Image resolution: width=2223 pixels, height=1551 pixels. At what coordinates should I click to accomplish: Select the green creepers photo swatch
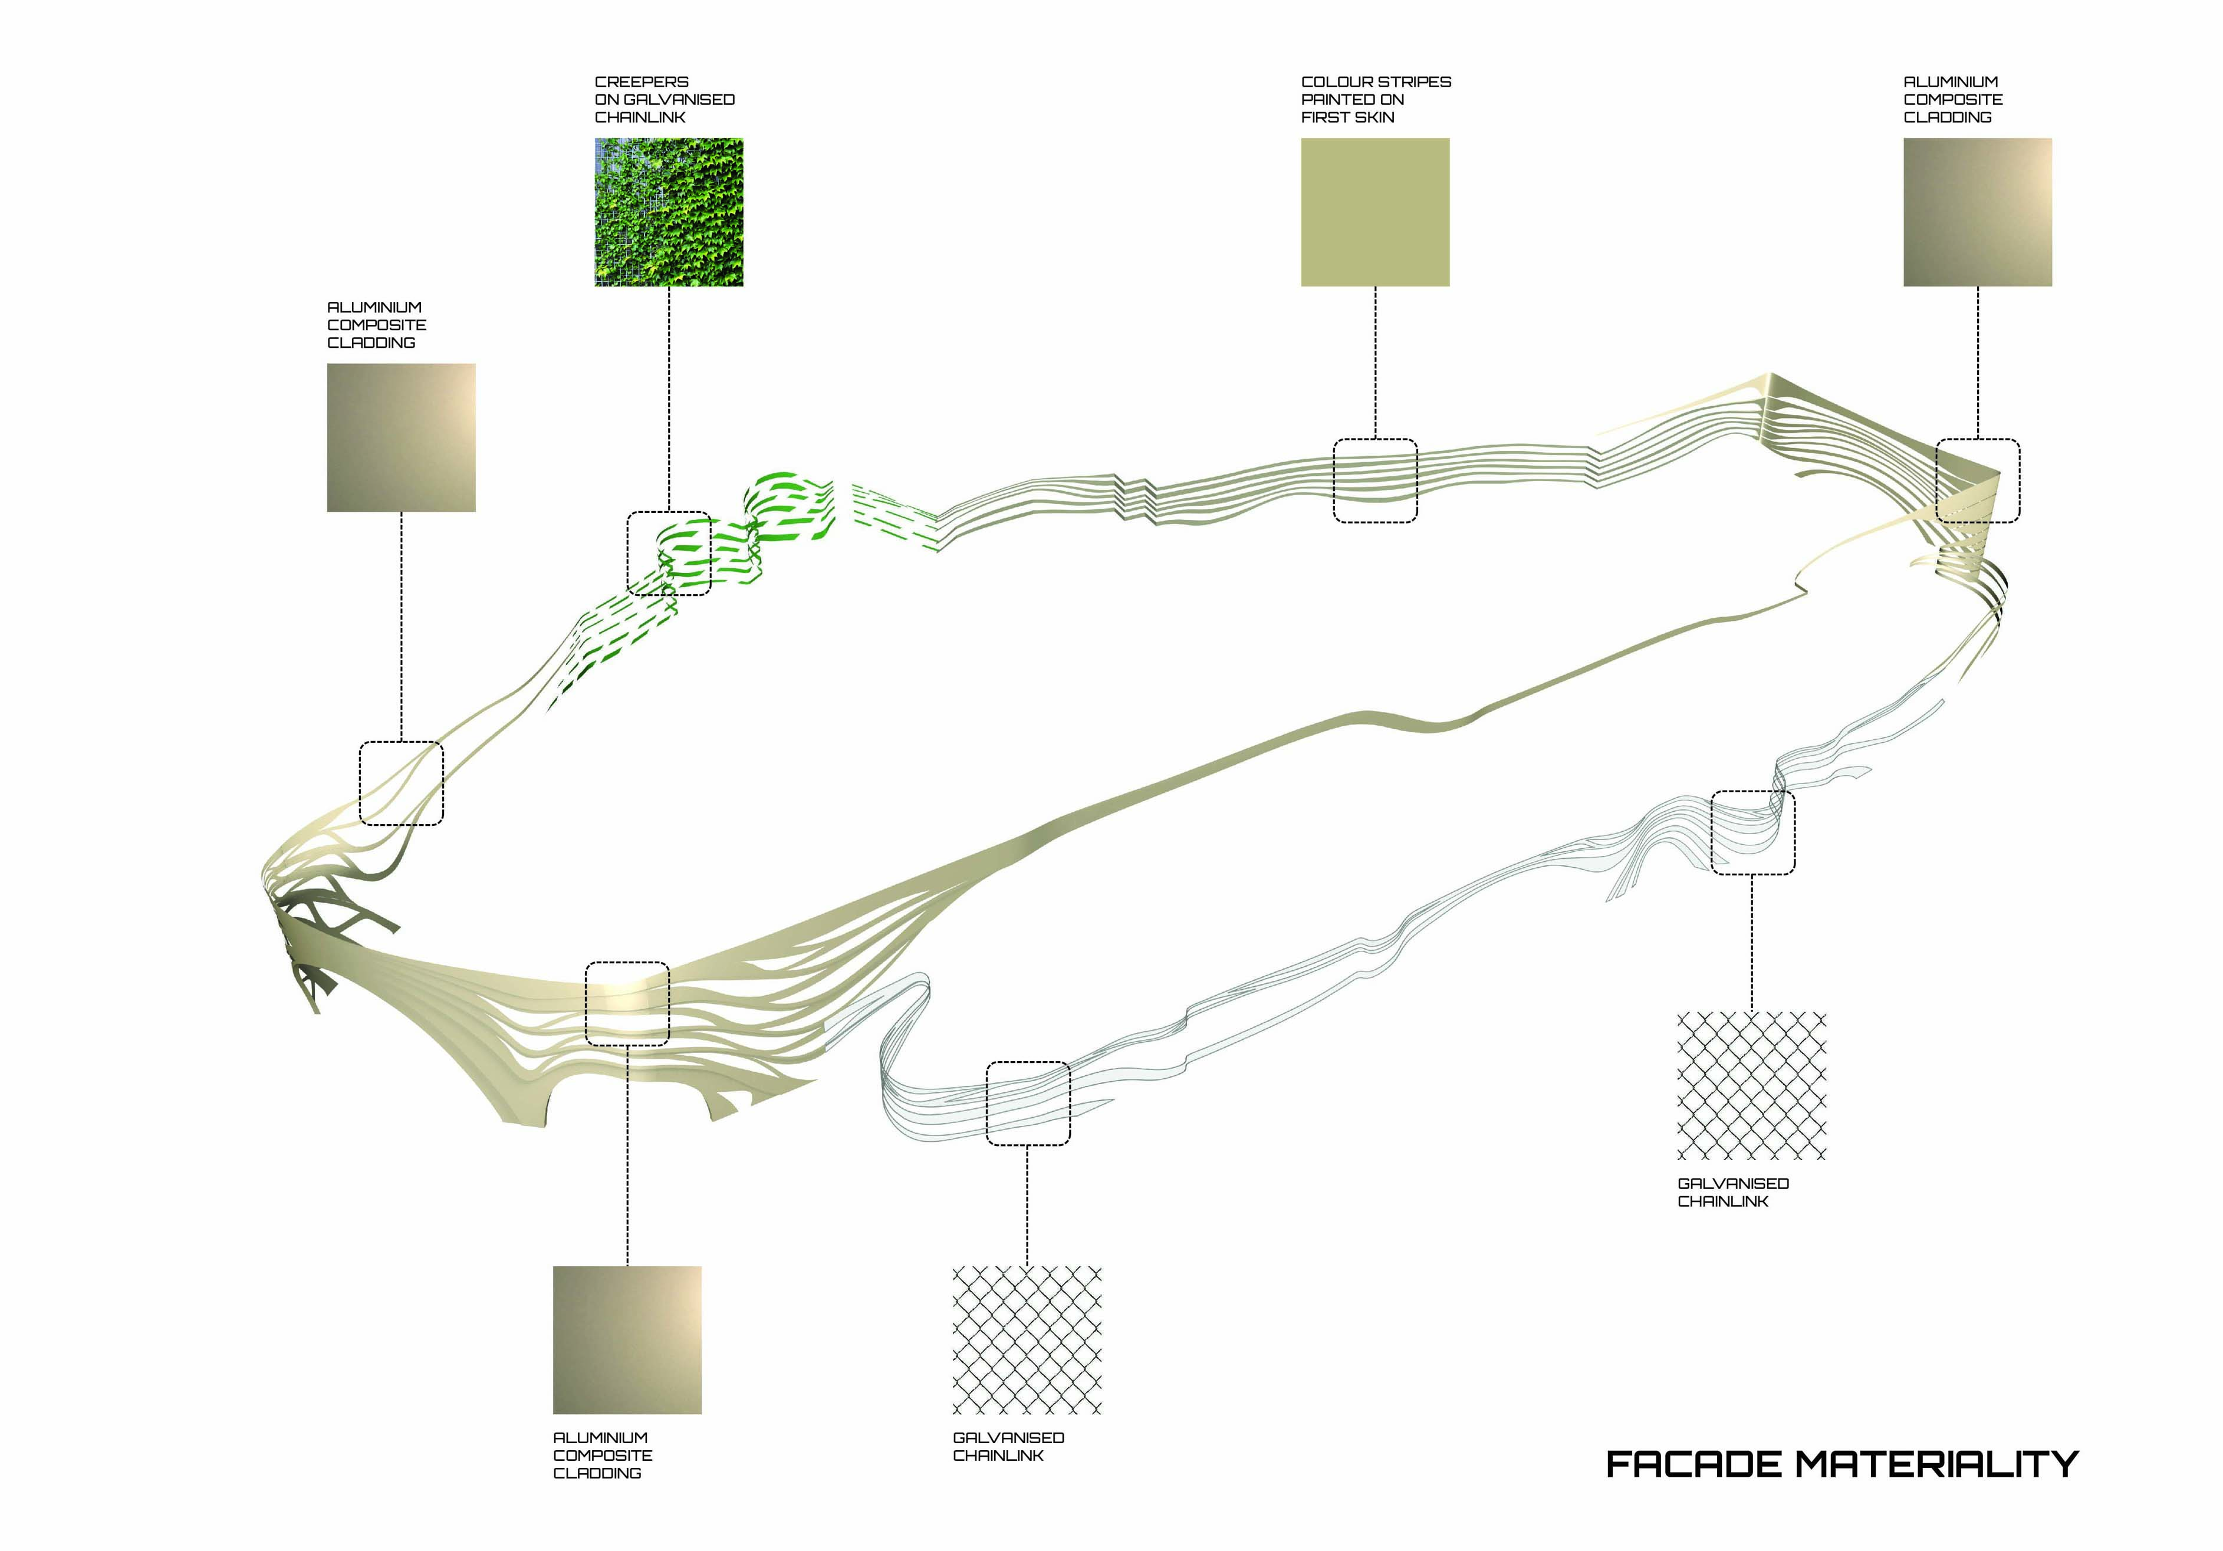pos(669,212)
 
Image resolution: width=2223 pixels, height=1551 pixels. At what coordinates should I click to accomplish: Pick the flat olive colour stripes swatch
pos(1375,212)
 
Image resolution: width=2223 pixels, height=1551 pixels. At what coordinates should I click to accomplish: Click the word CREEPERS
pos(642,83)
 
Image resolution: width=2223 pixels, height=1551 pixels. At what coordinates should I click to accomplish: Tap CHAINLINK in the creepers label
pos(640,117)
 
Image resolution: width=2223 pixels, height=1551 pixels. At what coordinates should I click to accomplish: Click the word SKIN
pos(1375,117)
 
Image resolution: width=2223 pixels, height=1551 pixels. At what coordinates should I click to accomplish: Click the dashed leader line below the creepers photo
pos(669,399)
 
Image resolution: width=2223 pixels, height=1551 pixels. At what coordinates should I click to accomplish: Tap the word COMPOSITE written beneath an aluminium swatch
pos(602,1455)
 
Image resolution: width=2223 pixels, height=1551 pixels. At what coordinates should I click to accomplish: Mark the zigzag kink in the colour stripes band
pos(1134,499)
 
